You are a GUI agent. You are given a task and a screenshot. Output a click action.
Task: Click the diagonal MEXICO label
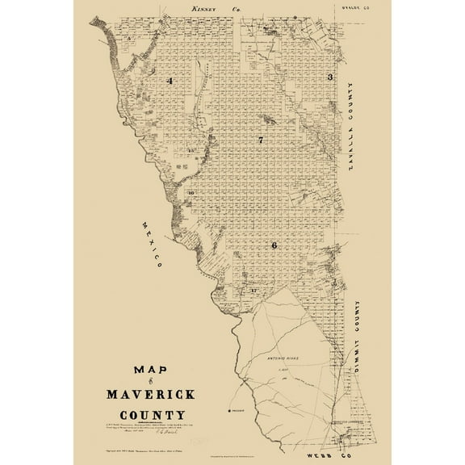point(150,243)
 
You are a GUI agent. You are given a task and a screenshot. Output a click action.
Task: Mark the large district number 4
point(170,82)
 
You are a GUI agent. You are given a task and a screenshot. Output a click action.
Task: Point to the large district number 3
point(329,77)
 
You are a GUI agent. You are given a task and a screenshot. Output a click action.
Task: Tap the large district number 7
point(261,140)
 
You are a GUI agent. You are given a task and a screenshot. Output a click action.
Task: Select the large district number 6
point(274,245)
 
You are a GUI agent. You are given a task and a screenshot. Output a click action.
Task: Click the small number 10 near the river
point(191,193)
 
